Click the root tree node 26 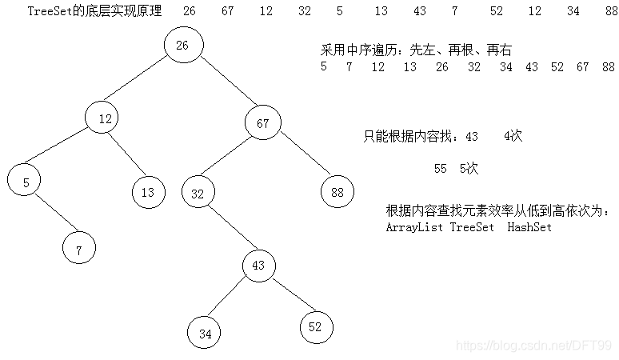182,46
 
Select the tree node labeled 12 105,119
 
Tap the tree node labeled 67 263,123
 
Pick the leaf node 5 26,182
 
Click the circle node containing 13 148,192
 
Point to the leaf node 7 79,250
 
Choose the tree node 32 198,193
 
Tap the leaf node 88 337,192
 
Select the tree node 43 258,266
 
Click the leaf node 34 205,334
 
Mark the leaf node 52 316,326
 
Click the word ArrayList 414,227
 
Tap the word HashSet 529,227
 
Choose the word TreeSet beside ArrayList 473,227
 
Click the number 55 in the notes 441,169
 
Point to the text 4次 513,137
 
